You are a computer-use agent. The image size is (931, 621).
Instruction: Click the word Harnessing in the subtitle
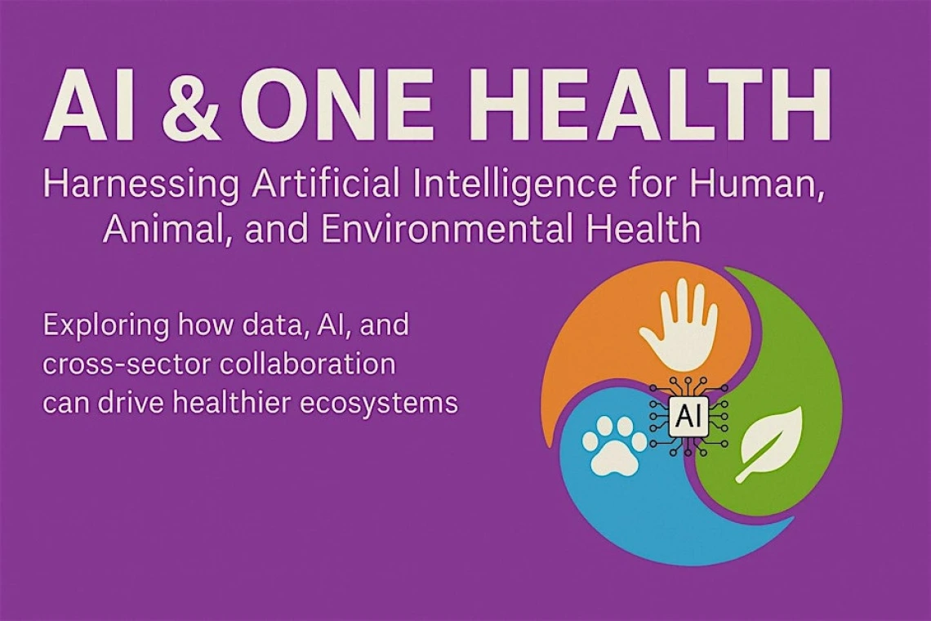(x=141, y=185)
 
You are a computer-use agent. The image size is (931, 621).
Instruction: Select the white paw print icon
(x=612, y=445)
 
